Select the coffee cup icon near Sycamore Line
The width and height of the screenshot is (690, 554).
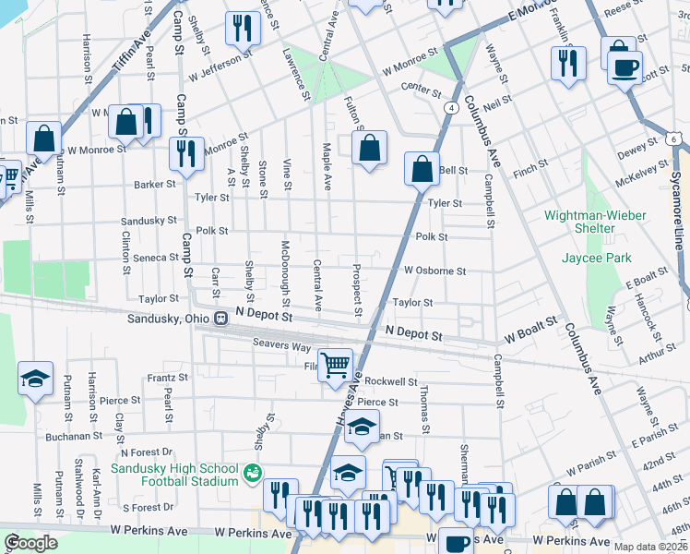tap(625, 66)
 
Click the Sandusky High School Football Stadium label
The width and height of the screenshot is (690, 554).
tap(175, 475)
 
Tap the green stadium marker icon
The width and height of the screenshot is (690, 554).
tap(252, 474)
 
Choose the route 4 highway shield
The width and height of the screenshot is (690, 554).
tap(451, 108)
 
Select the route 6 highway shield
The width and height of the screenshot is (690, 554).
tap(676, 138)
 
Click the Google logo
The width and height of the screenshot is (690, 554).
tap(30, 543)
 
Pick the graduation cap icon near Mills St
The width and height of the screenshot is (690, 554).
tap(35, 379)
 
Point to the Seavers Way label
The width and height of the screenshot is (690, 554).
tap(281, 345)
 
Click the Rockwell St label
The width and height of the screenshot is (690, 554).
tap(390, 381)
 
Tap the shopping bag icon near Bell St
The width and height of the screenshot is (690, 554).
tap(422, 169)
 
